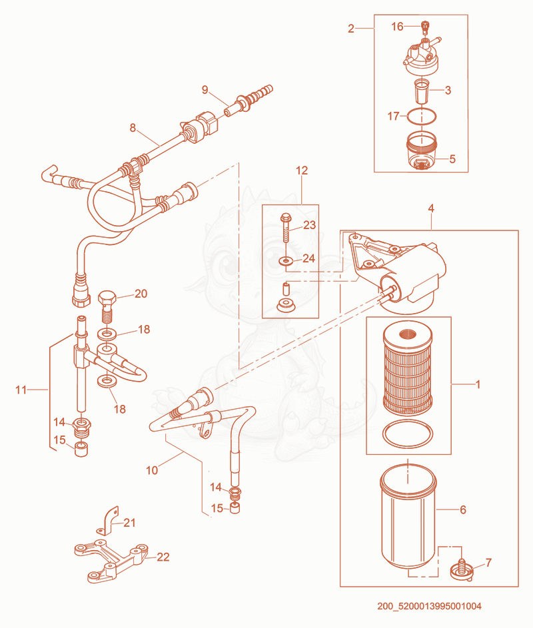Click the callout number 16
[x=396, y=27]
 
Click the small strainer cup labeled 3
[x=422, y=91]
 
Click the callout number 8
[x=133, y=128]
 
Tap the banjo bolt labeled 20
[x=107, y=306]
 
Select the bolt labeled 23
[x=286, y=228]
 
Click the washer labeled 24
[x=286, y=262]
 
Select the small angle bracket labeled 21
[x=107, y=521]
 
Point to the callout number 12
[x=302, y=170]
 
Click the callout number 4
[x=431, y=208]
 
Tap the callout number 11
[x=21, y=390]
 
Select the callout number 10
[x=152, y=470]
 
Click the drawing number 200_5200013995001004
[x=429, y=606]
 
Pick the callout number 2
[x=351, y=29]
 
